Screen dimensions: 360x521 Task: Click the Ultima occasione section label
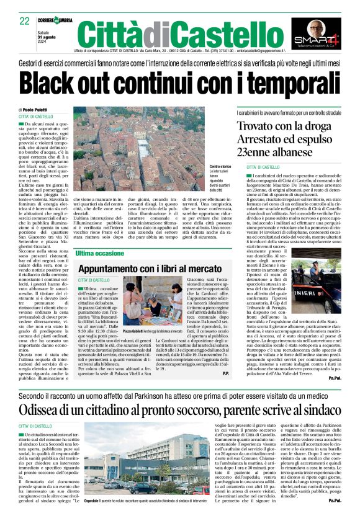pos(99,254)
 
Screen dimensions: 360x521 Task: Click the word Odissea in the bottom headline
pos(43,392)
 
